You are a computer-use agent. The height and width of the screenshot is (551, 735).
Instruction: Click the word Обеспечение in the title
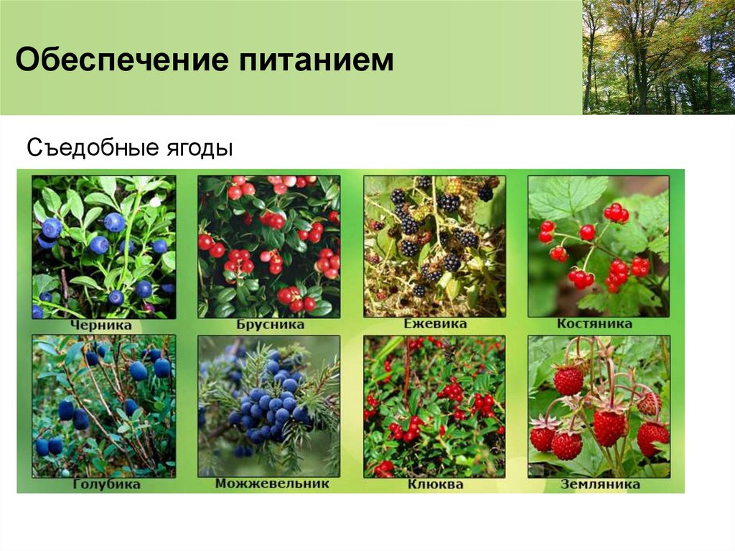click(117, 60)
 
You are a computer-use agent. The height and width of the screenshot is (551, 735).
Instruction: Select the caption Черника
click(100, 325)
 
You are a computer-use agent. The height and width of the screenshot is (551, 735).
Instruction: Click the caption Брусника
click(270, 325)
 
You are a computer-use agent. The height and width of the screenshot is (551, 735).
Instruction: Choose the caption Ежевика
click(435, 324)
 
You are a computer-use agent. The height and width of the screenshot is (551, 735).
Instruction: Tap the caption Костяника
click(594, 324)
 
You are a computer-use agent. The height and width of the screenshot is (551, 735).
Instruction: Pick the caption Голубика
click(106, 485)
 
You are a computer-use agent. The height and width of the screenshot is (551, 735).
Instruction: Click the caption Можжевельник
click(272, 483)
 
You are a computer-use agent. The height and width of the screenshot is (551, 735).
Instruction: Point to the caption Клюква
click(435, 485)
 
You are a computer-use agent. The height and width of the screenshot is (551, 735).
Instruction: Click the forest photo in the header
click(658, 57)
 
